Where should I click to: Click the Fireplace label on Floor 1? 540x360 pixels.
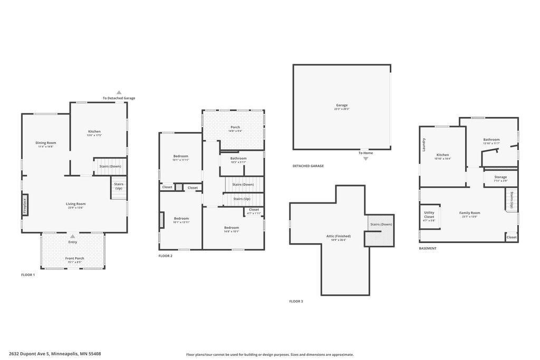(x=25, y=205)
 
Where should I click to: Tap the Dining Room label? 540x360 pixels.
(x=46, y=143)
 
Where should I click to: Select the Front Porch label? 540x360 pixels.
(x=75, y=258)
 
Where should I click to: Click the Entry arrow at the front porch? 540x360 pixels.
(x=73, y=236)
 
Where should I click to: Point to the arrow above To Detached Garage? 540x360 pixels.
(x=119, y=92)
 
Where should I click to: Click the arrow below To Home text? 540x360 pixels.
(x=365, y=159)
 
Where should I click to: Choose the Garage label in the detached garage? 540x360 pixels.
(x=342, y=105)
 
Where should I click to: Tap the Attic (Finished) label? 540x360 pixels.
(x=338, y=236)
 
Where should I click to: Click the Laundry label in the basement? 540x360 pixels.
(x=424, y=144)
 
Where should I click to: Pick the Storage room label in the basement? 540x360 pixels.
(x=500, y=177)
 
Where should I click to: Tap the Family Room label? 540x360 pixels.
(x=469, y=213)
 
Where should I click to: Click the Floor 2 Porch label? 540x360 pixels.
(x=235, y=127)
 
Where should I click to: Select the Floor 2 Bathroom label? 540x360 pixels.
(x=238, y=158)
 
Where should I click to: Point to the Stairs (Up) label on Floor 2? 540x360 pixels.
(x=242, y=199)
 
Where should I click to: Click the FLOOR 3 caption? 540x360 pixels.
(x=296, y=301)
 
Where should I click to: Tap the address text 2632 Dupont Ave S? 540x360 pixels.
(x=55, y=354)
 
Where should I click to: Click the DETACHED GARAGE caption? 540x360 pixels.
(x=308, y=166)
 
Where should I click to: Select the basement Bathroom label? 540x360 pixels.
(x=491, y=140)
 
